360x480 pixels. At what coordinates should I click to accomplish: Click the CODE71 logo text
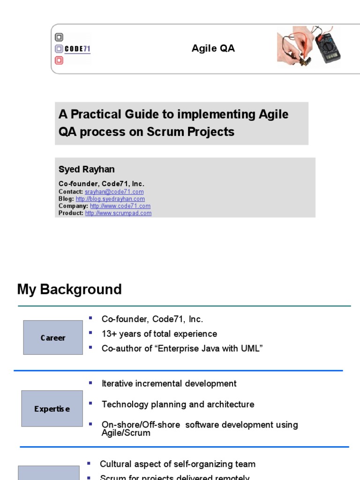(x=77, y=49)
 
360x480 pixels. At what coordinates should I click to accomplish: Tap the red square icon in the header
(x=59, y=60)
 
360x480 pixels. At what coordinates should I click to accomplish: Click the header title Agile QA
(x=213, y=49)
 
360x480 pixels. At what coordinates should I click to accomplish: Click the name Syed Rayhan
(x=86, y=169)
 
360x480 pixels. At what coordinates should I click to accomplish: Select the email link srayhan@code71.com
(x=114, y=192)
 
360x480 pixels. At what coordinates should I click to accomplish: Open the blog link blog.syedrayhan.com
(x=110, y=199)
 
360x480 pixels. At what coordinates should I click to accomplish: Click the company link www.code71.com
(x=120, y=206)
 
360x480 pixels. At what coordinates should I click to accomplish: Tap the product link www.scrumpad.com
(x=118, y=213)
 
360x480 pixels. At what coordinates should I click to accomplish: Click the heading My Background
(x=69, y=289)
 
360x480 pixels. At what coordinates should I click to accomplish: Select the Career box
(x=53, y=337)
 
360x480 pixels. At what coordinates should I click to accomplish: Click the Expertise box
(x=52, y=409)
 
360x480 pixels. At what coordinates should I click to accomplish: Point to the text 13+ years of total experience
(x=159, y=334)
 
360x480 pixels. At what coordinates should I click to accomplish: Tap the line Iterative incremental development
(x=169, y=383)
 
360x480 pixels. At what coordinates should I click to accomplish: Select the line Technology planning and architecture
(x=178, y=404)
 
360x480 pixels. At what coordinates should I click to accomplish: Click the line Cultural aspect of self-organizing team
(x=178, y=464)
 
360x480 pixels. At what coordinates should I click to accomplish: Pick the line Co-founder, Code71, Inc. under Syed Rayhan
(x=101, y=184)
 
